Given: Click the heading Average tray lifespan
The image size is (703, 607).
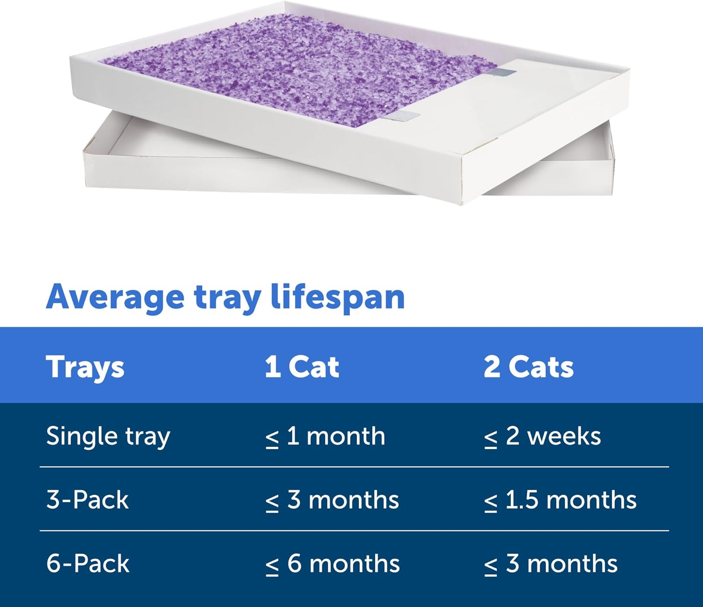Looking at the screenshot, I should [x=225, y=297].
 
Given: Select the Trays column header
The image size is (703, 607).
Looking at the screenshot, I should [x=85, y=367].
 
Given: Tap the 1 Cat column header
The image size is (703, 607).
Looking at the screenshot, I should [x=301, y=367].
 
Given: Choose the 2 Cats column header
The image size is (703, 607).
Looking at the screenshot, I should [x=528, y=367].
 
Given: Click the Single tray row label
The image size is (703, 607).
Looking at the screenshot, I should [x=108, y=436].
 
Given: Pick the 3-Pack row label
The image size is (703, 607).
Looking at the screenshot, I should [x=87, y=500].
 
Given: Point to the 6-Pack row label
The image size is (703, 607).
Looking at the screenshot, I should [x=88, y=563].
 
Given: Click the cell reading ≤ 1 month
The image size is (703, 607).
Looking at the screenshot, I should [x=325, y=436].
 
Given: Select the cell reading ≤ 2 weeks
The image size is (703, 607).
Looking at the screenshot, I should [x=542, y=436].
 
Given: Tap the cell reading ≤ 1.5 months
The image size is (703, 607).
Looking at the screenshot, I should [x=560, y=500].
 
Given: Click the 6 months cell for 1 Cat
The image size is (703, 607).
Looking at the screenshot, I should [x=332, y=563].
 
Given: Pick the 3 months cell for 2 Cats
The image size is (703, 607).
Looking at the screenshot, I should [x=551, y=563].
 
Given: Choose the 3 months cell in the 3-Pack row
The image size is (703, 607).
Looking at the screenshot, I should [x=332, y=500].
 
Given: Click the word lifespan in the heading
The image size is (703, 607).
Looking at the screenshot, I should [x=337, y=297].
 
